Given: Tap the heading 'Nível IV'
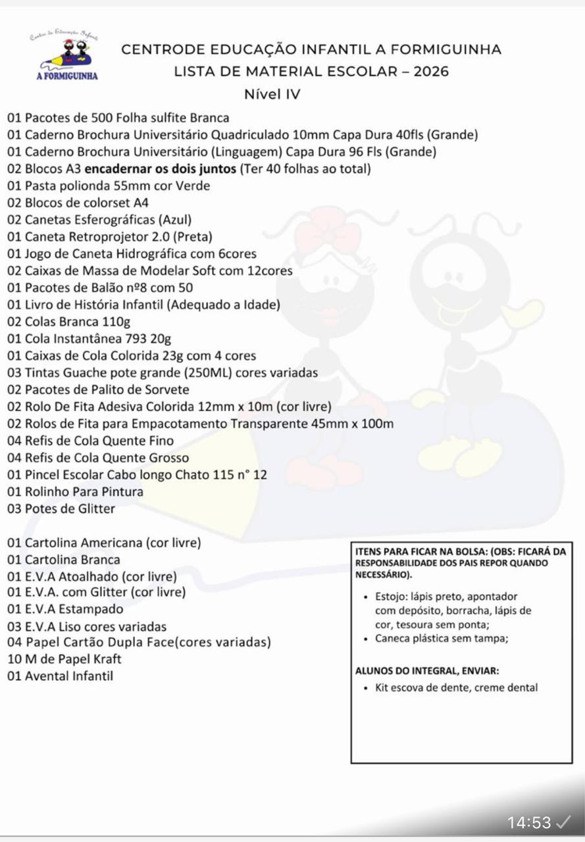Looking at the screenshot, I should coord(272,94).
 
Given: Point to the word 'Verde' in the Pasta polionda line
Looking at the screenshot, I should coord(193,186).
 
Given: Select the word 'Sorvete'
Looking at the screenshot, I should coord(166,389).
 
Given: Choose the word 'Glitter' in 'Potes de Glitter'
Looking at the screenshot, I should coord(93,508).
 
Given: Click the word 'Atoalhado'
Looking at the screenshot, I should coord(92,577).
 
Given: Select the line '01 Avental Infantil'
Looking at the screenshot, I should coord(60,676).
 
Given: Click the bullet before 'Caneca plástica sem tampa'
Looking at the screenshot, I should coord(365,639).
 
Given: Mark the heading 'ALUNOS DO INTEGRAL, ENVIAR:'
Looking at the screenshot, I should coord(426,672).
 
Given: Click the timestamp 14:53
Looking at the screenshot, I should coord(529,822).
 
